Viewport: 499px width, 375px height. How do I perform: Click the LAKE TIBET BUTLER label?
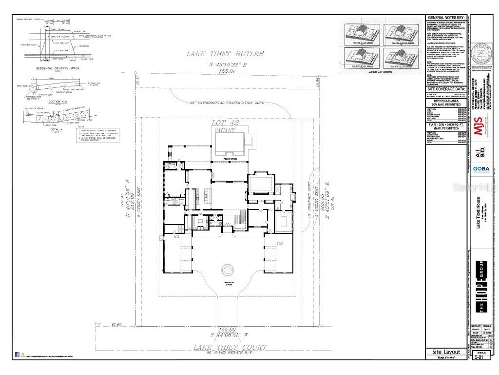click(x=225, y=54)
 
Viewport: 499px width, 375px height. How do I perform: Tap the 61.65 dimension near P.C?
click(x=115, y=324)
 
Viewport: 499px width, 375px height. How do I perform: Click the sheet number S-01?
click(x=480, y=357)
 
